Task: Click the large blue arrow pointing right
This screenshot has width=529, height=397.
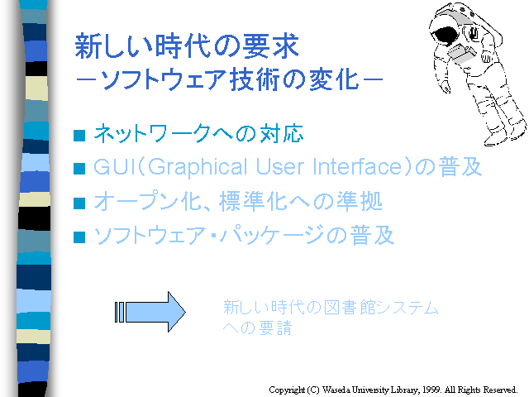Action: point(150,312)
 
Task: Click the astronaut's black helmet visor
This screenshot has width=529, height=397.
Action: point(445,36)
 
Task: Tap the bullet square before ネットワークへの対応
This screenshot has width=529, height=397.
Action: point(79,135)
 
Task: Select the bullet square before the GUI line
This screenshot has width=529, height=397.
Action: point(79,169)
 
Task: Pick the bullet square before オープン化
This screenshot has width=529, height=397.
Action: point(79,203)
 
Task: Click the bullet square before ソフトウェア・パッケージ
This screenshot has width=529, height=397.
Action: point(79,237)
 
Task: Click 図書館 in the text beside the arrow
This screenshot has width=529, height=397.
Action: point(347,307)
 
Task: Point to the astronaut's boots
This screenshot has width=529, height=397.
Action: point(503,134)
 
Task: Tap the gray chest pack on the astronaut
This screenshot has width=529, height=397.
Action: point(461,54)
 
